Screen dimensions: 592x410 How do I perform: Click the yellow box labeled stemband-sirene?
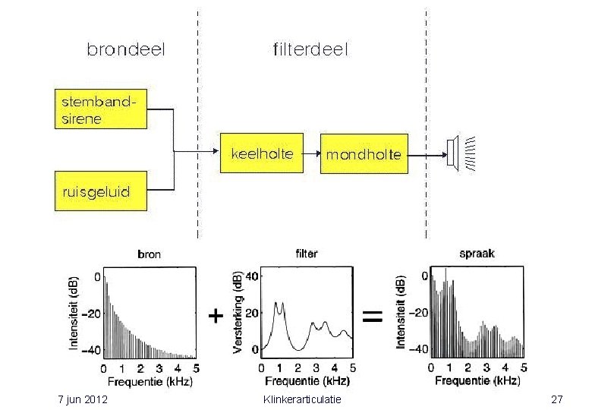pos(101,109)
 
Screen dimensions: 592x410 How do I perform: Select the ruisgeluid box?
pos(101,191)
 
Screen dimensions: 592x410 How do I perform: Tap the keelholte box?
pos(262,153)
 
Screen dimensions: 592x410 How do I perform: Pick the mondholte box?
pos(364,153)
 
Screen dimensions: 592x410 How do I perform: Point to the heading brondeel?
pos(126,49)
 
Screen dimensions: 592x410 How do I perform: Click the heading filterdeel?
pos(310,49)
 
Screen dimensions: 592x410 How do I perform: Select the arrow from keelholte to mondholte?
pos(312,153)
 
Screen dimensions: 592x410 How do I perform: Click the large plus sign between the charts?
pos(216,316)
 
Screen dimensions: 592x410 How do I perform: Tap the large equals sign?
pos(372,317)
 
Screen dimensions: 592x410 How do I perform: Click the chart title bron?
pos(149,254)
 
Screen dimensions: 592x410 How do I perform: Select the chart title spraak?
pos(477,254)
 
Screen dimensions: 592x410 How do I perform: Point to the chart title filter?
pos(307,254)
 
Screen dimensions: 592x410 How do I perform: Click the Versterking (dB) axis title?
pos(238,313)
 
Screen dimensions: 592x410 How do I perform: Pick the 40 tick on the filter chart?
pos(252,276)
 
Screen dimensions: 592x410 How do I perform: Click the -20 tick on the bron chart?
pos(92,314)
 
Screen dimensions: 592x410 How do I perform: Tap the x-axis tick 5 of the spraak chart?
pos(524,367)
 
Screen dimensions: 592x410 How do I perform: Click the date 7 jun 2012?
pos(83,399)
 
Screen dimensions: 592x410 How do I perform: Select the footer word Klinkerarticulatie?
pos(302,399)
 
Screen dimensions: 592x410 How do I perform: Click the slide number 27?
pos(557,399)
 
